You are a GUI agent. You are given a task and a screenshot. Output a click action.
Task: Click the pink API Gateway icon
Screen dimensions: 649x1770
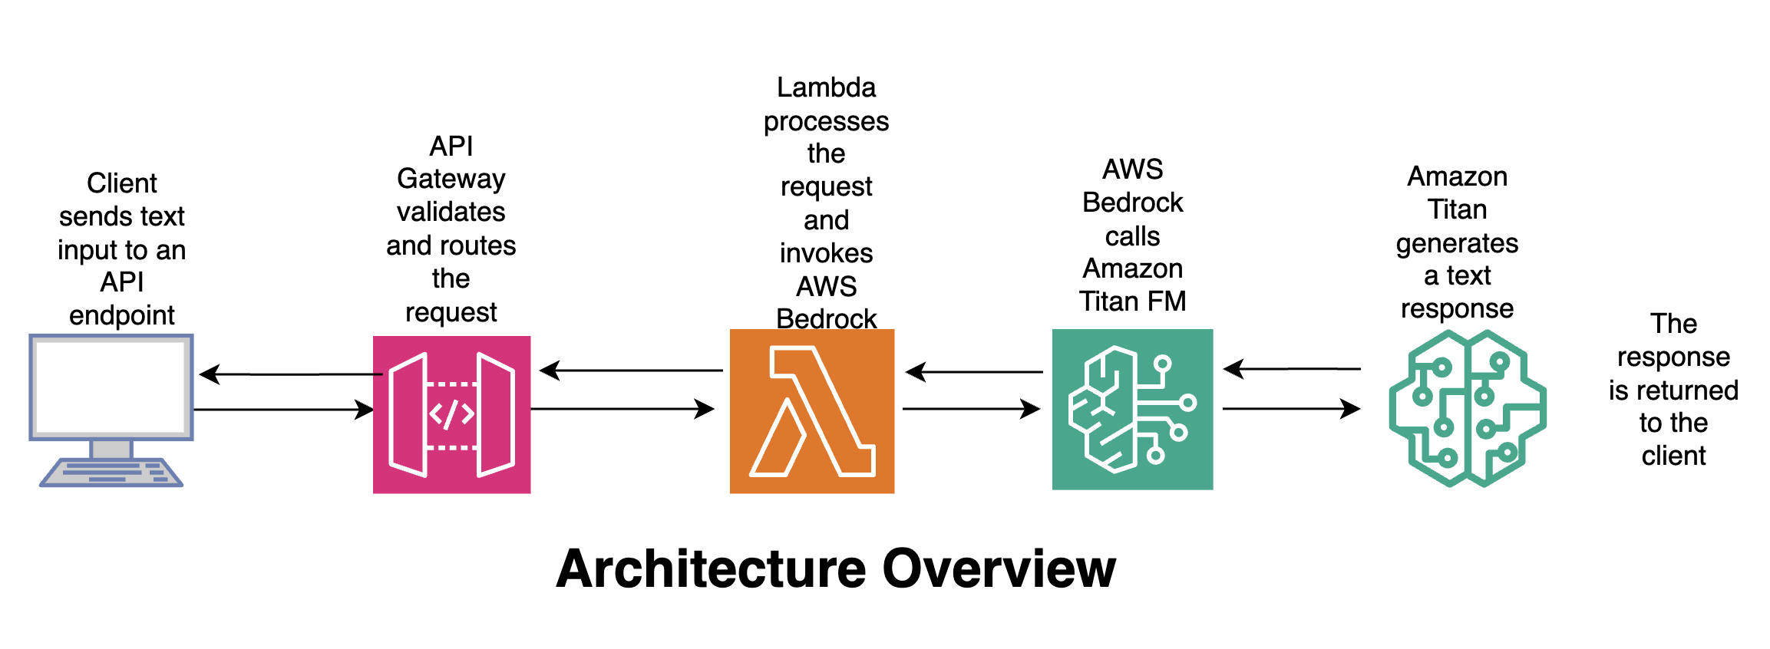coord(451,414)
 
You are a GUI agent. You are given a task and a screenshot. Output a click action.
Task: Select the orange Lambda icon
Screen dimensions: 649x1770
coord(811,411)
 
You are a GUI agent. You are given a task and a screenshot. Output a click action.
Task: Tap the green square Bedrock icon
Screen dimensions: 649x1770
coord(1132,409)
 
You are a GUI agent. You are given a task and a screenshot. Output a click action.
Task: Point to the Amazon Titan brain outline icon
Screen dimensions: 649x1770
coord(1467,408)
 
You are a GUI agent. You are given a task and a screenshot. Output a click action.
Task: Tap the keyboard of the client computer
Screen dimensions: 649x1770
coord(112,472)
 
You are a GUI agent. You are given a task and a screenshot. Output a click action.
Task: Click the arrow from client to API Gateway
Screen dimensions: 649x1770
coord(284,410)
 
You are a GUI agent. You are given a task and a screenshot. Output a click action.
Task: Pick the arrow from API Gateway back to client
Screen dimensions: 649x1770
coord(292,374)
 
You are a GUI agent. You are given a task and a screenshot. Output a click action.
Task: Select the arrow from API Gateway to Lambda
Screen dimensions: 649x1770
coord(622,409)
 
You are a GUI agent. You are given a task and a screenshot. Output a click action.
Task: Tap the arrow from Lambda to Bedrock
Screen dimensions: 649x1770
coord(971,409)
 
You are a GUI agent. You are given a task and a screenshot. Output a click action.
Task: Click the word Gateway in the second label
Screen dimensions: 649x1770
coord(451,180)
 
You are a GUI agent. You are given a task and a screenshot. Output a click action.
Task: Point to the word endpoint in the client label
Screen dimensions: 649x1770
coord(122,315)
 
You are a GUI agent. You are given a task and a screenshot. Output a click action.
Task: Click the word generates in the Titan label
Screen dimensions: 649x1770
coord(1456,243)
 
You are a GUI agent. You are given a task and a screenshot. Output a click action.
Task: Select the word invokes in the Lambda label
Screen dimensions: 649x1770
coord(826,253)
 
